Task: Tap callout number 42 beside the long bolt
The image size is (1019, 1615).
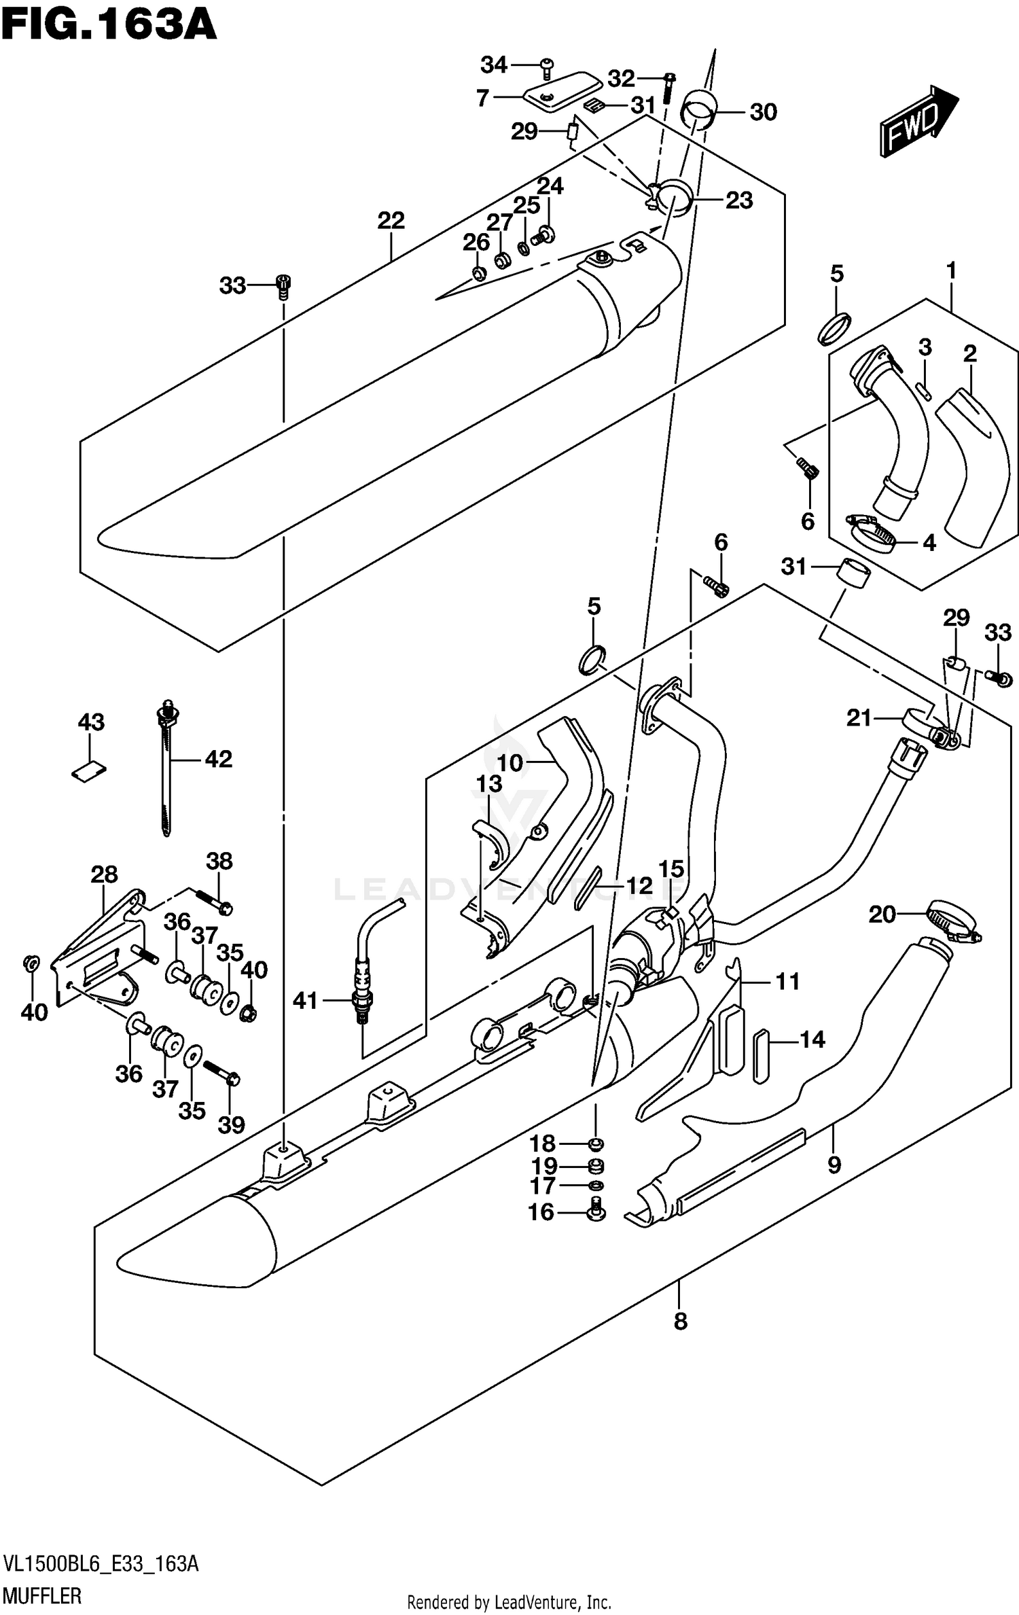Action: point(218,759)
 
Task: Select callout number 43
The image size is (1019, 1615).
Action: point(91,722)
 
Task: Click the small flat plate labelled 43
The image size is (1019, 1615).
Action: point(89,770)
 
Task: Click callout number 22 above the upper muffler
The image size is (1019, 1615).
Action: point(391,220)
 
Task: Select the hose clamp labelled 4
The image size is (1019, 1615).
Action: point(871,532)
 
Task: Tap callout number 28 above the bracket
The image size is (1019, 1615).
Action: point(104,874)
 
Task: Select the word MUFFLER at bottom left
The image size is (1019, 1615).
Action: point(42,1595)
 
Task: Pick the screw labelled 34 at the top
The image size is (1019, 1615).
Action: point(548,65)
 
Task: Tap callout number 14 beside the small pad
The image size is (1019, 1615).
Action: point(812,1040)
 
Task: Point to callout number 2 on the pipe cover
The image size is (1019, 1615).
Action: point(969,353)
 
